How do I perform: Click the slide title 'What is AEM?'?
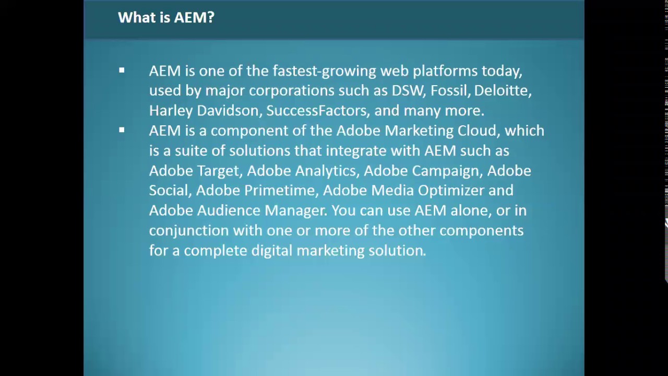[x=166, y=17]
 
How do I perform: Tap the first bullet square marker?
[x=122, y=70]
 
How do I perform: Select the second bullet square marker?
[x=122, y=130]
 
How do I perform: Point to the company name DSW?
[x=408, y=90]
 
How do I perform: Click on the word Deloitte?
[x=502, y=90]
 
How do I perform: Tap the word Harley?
[x=170, y=111]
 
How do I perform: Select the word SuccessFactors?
[x=316, y=111]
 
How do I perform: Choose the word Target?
[x=218, y=171]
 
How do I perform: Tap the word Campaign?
[x=445, y=171]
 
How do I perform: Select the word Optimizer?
[x=450, y=191]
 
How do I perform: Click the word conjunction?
[x=188, y=231]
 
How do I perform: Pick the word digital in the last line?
[x=271, y=251]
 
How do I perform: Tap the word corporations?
[x=291, y=91]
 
